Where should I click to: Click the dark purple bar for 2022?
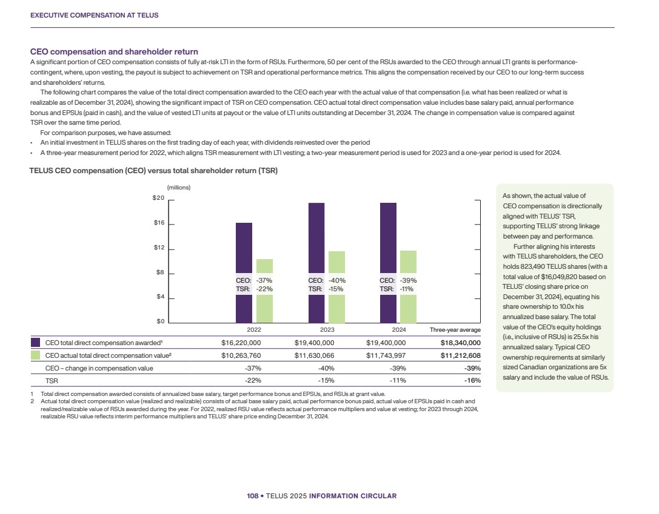[243, 248]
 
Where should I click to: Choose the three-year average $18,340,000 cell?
[460, 342]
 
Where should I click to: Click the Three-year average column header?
[455, 330]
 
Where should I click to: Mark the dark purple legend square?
[35, 342]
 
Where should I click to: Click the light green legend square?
[35, 355]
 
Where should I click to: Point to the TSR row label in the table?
[52, 380]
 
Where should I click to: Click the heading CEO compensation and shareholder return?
[115, 51]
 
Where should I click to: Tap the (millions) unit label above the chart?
[179, 187]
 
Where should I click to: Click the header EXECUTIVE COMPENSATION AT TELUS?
[95, 15]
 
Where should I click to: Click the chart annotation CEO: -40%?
[327, 280]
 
